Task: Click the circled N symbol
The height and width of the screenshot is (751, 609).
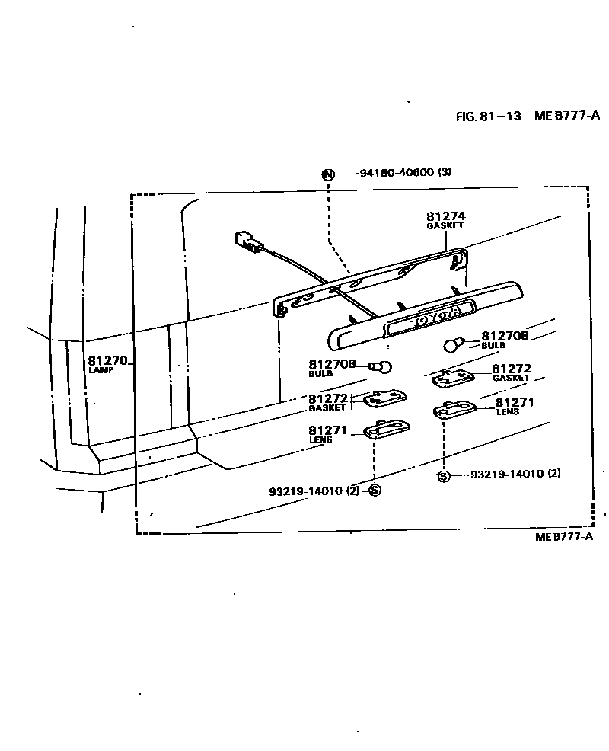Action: (328, 174)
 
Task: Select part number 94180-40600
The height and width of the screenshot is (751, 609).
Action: (396, 173)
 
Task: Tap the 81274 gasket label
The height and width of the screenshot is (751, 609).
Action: (445, 219)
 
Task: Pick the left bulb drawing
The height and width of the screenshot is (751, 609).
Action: (383, 367)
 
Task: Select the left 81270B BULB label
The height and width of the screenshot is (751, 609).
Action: (332, 367)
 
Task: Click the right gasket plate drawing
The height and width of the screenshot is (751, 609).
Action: (454, 375)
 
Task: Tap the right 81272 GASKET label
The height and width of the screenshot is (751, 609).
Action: (511, 372)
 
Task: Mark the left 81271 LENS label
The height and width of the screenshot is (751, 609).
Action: (327, 433)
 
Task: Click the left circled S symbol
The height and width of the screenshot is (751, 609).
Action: (375, 491)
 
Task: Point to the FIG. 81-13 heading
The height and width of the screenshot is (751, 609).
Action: (488, 116)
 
